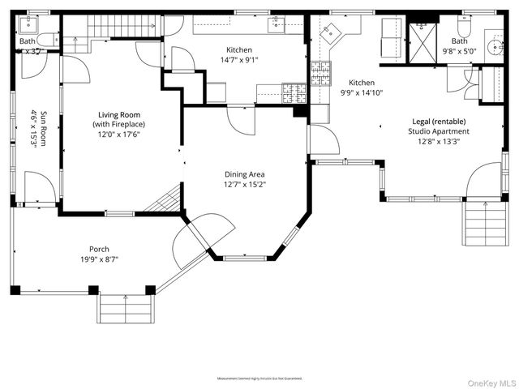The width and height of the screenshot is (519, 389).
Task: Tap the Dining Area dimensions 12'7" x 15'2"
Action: (x=245, y=184)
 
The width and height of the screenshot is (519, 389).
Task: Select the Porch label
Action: (x=99, y=249)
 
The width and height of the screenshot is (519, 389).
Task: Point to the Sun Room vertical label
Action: (x=33, y=128)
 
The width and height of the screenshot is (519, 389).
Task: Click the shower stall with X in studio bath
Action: (x=422, y=38)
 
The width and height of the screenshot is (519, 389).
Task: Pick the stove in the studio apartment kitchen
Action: (x=320, y=75)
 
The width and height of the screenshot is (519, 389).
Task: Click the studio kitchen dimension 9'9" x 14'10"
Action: (x=361, y=92)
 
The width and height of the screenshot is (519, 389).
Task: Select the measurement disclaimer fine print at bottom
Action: (x=259, y=378)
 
